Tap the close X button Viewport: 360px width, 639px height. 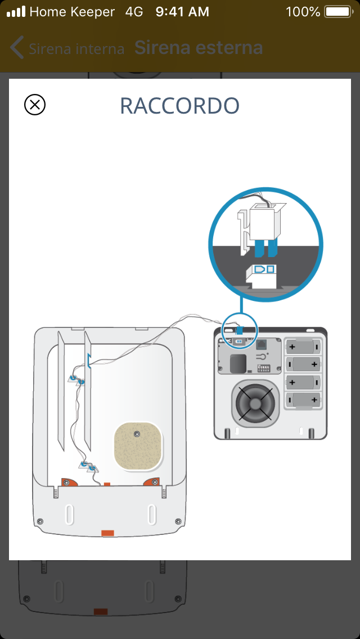pyautogui.click(x=35, y=105)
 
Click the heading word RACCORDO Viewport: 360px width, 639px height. pyautogui.click(x=180, y=106)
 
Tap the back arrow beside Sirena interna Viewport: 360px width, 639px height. pyautogui.click(x=17, y=48)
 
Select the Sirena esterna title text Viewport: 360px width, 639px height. pyautogui.click(x=199, y=48)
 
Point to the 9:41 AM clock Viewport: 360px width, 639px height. pyautogui.click(x=182, y=12)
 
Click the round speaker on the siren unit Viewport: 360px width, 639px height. pyautogui.click(x=255, y=403)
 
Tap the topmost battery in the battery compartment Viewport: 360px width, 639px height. pyautogui.click(x=303, y=346)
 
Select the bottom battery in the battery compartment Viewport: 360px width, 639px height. pyautogui.click(x=303, y=400)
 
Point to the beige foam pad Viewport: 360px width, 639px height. pyautogui.click(x=138, y=446)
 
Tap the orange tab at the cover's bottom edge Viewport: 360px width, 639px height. pyautogui.click(x=107, y=533)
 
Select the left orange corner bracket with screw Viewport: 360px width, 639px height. pyautogui.click(x=71, y=482)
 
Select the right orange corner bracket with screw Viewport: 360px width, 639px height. pyautogui.click(x=152, y=482)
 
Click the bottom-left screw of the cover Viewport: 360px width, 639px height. pyautogui.click(x=39, y=521)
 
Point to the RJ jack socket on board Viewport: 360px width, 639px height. pyautogui.click(x=262, y=343)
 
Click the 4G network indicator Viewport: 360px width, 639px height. pyautogui.click(x=134, y=12)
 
